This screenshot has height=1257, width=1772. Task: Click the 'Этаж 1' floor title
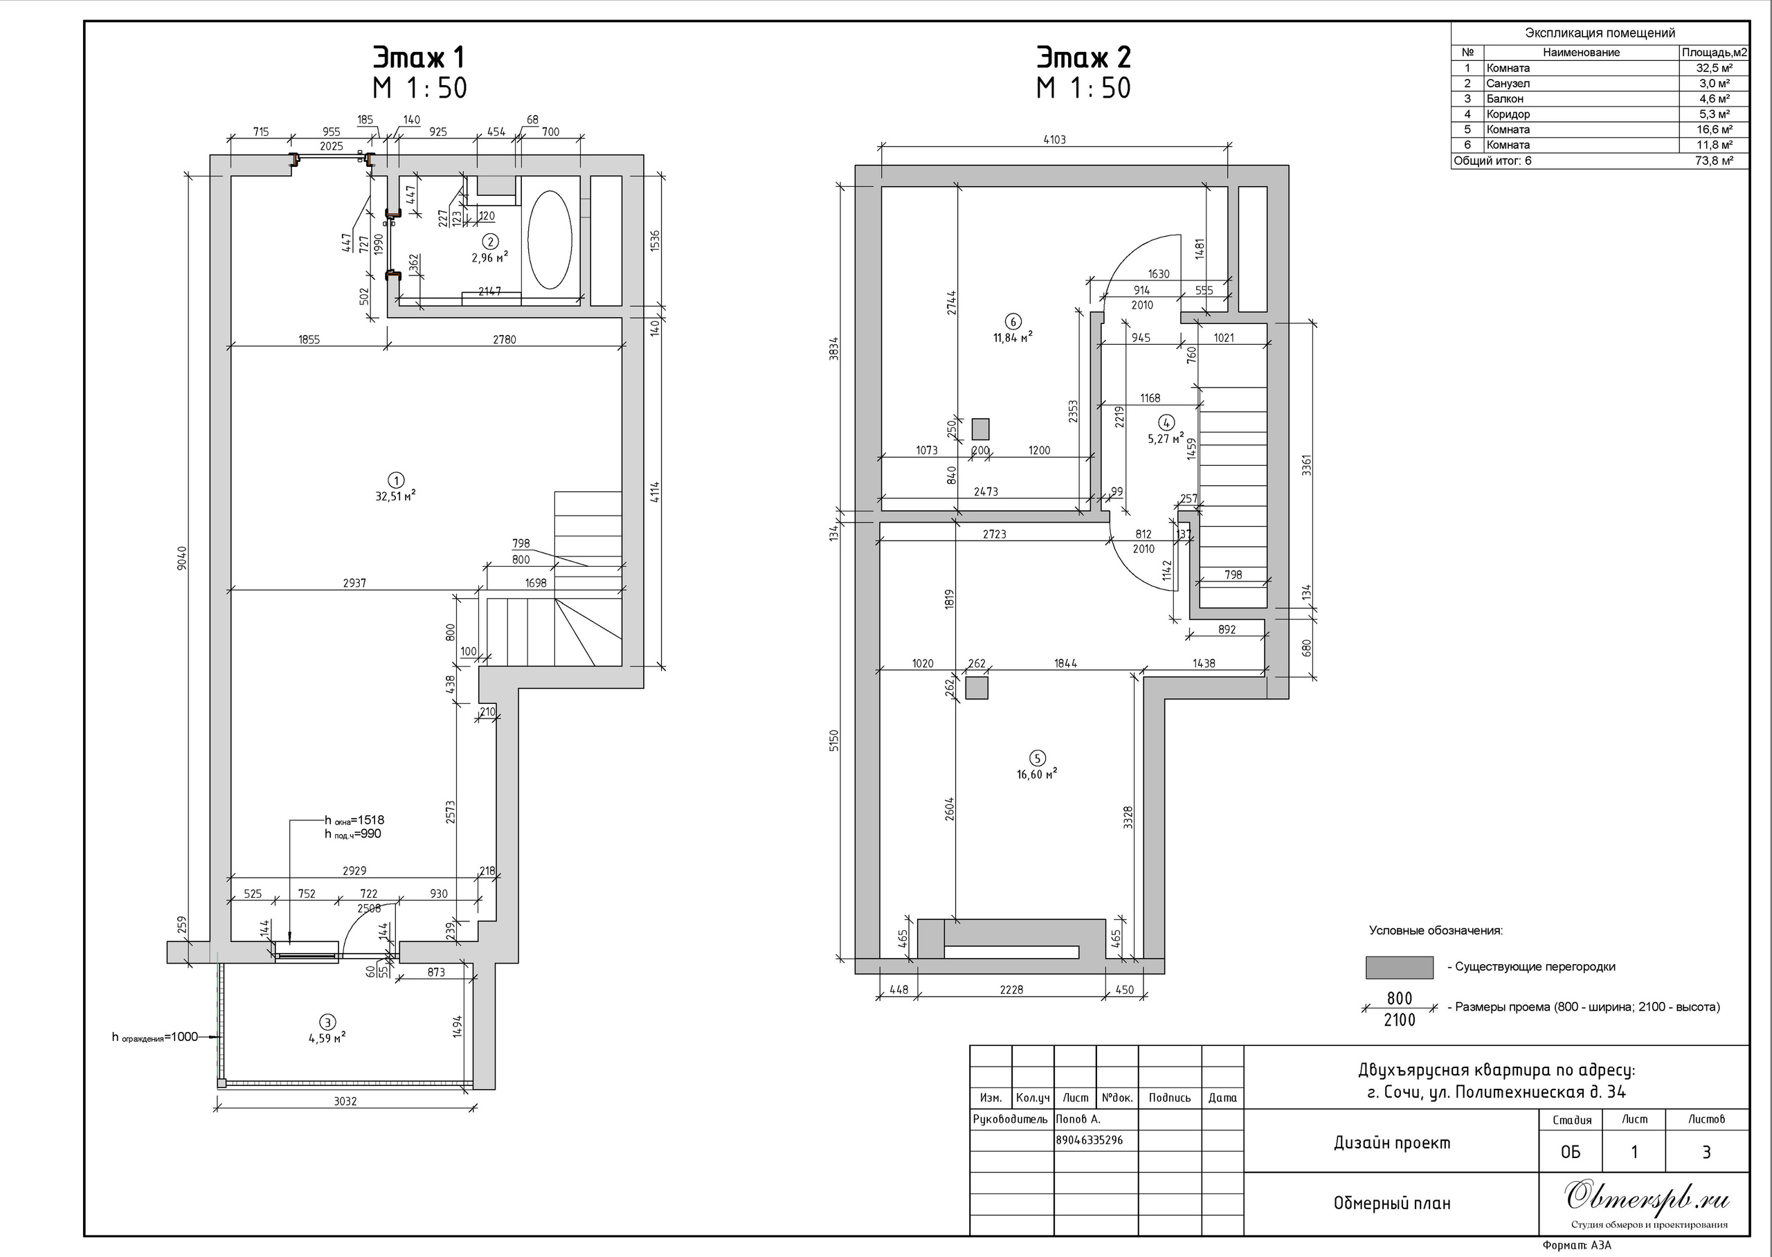click(419, 58)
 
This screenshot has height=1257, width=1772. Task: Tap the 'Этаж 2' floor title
click(1083, 58)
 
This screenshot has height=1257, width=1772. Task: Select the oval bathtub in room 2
click(550, 240)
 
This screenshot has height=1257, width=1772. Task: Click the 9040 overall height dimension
click(182, 557)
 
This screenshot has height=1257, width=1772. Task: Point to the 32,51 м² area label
click(395, 496)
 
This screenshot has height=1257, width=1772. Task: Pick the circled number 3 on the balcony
click(327, 1022)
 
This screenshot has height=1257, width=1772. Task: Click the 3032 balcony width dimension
click(345, 1101)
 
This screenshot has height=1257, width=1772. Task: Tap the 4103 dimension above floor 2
click(1055, 140)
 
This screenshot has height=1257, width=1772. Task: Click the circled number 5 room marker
click(1037, 758)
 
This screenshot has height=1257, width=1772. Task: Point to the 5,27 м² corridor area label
click(1166, 438)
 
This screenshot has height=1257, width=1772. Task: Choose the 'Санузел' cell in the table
click(1508, 84)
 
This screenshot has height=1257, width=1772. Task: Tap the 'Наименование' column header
click(1581, 53)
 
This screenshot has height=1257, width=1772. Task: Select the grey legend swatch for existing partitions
click(1399, 968)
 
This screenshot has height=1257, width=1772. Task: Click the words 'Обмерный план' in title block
click(1392, 1204)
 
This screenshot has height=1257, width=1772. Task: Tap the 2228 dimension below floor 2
click(1011, 989)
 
